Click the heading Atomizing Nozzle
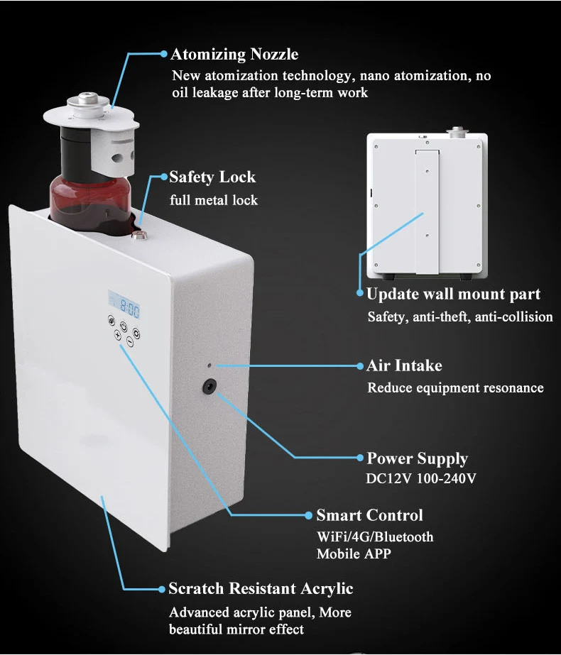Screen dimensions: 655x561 click(234, 55)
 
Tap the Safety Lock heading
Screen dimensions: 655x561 click(212, 177)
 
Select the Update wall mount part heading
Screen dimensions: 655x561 click(453, 295)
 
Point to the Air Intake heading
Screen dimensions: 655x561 click(404, 366)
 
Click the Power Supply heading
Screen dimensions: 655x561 click(417, 458)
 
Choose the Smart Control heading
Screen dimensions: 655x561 click(369, 515)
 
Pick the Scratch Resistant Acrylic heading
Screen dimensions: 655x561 click(260, 588)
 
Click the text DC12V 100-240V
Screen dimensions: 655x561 click(421, 478)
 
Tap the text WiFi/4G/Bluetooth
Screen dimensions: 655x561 click(374, 536)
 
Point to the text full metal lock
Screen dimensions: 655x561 click(214, 200)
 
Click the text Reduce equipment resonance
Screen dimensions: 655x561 click(455, 387)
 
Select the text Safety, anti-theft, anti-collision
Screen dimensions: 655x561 click(459, 317)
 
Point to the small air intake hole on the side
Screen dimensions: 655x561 click(209, 365)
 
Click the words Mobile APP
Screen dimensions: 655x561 click(353, 554)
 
